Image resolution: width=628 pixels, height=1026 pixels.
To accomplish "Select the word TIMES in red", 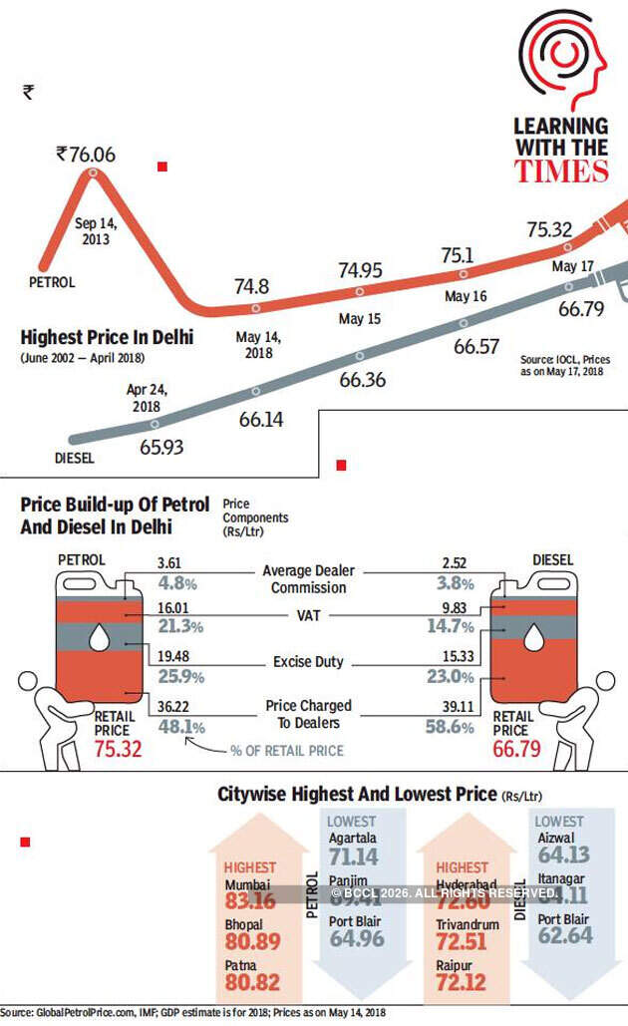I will [561, 171].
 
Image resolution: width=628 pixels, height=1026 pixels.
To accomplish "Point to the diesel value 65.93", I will [161, 447].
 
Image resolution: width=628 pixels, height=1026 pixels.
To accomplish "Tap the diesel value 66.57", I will [476, 346].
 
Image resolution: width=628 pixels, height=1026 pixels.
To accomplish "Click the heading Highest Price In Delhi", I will [107, 337].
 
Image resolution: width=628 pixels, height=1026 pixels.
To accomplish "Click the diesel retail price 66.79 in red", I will [514, 749].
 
